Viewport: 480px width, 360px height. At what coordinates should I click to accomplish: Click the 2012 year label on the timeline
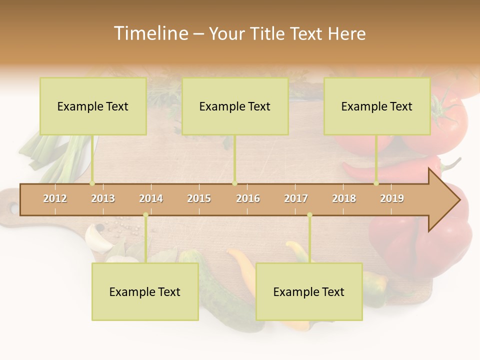[55, 198]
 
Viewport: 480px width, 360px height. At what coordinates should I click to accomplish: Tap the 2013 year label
[103, 198]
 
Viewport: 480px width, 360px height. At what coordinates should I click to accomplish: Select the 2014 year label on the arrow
[151, 198]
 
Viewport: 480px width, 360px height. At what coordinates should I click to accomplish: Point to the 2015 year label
[199, 198]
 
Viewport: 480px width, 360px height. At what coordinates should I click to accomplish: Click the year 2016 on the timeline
[248, 198]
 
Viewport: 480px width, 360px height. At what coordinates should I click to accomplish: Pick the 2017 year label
[296, 198]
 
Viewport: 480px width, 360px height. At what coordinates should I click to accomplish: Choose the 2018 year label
[344, 198]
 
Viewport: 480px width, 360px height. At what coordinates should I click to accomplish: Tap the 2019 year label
[392, 198]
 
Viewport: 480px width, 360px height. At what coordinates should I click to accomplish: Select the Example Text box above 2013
[93, 106]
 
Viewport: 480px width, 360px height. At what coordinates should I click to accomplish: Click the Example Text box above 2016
[235, 106]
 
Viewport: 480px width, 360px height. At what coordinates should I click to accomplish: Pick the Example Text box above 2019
[377, 106]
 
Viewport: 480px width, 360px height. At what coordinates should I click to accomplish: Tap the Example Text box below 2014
[145, 292]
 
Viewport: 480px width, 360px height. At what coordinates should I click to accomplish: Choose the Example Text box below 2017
[309, 292]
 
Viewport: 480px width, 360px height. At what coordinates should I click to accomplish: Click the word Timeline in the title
[150, 33]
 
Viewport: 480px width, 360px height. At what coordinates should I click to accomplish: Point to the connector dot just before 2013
[92, 183]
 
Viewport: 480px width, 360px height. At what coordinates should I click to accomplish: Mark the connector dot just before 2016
[234, 183]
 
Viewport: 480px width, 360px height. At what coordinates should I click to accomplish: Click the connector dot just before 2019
[376, 183]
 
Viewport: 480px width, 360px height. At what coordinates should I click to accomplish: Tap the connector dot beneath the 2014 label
[145, 215]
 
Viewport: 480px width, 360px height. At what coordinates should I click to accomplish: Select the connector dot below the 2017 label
[309, 215]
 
